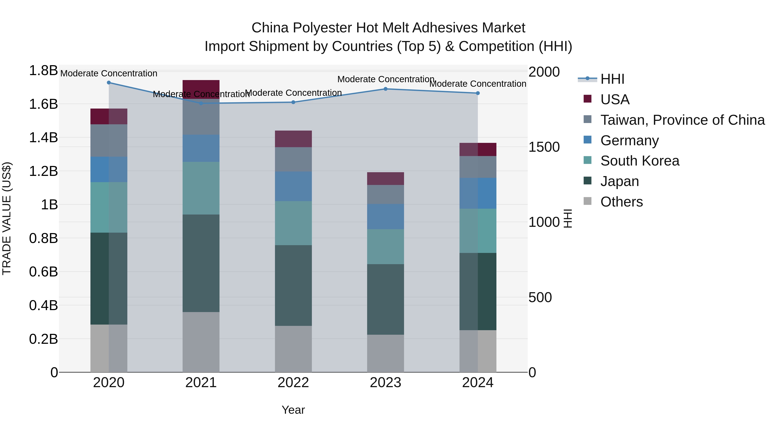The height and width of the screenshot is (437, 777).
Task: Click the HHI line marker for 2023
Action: point(385,89)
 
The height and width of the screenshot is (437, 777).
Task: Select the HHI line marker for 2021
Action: point(201,103)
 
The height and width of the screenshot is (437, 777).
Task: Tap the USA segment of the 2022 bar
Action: point(293,139)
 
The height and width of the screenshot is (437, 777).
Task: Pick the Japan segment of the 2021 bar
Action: point(201,263)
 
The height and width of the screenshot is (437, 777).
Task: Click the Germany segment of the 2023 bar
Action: point(385,216)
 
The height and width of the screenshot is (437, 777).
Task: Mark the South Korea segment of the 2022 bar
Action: point(293,223)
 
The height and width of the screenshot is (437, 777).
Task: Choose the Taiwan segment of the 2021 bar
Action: point(201,117)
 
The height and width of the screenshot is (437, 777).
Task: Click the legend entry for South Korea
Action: point(640,161)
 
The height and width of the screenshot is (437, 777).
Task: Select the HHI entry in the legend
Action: point(612,79)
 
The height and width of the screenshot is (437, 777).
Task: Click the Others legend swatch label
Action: point(621,202)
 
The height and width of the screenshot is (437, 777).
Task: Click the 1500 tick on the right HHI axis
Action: point(544,147)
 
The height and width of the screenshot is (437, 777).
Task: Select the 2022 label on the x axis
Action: point(293,383)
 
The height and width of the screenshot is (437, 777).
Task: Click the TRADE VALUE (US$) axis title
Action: point(7,218)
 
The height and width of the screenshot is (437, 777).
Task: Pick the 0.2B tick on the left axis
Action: point(43,339)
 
